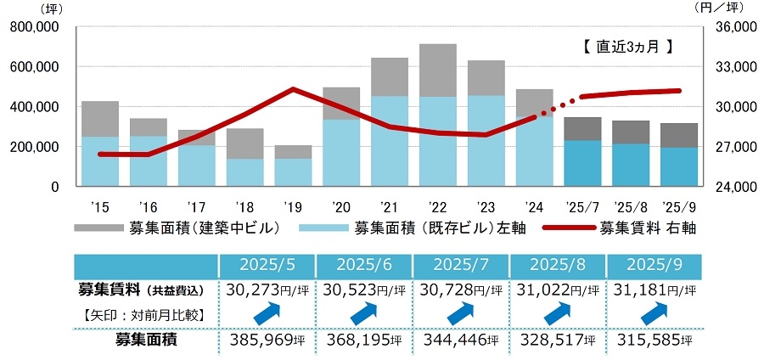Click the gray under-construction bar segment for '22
[x=437, y=70]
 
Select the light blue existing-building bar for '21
[x=389, y=141]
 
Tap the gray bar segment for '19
[x=292, y=152]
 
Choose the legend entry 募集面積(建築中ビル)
[x=178, y=227]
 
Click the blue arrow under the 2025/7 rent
[x=460, y=313]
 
